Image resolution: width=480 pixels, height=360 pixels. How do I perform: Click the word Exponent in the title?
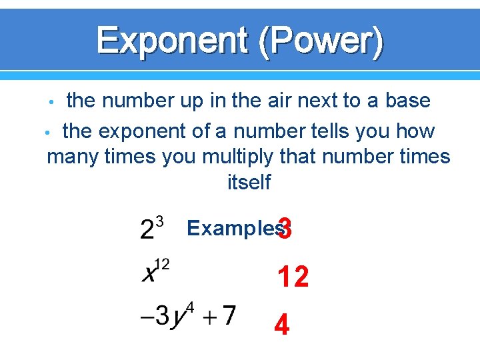pos(171,40)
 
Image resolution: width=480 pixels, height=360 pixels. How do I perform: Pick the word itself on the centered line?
pos(249,182)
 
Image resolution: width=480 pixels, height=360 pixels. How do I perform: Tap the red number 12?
pos(293,277)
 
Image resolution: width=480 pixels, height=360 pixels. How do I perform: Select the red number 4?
pos(282,325)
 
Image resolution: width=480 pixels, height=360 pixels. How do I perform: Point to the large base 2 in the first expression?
pos(147,230)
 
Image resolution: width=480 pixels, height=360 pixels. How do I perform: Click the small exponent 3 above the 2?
pos(159,219)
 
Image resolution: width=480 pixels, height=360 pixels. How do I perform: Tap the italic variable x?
pos(148,273)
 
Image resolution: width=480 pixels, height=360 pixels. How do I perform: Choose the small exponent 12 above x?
pos(162,264)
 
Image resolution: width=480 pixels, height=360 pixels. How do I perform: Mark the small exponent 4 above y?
pos(189,307)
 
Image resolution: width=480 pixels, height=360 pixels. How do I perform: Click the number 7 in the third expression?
pos(229,314)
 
